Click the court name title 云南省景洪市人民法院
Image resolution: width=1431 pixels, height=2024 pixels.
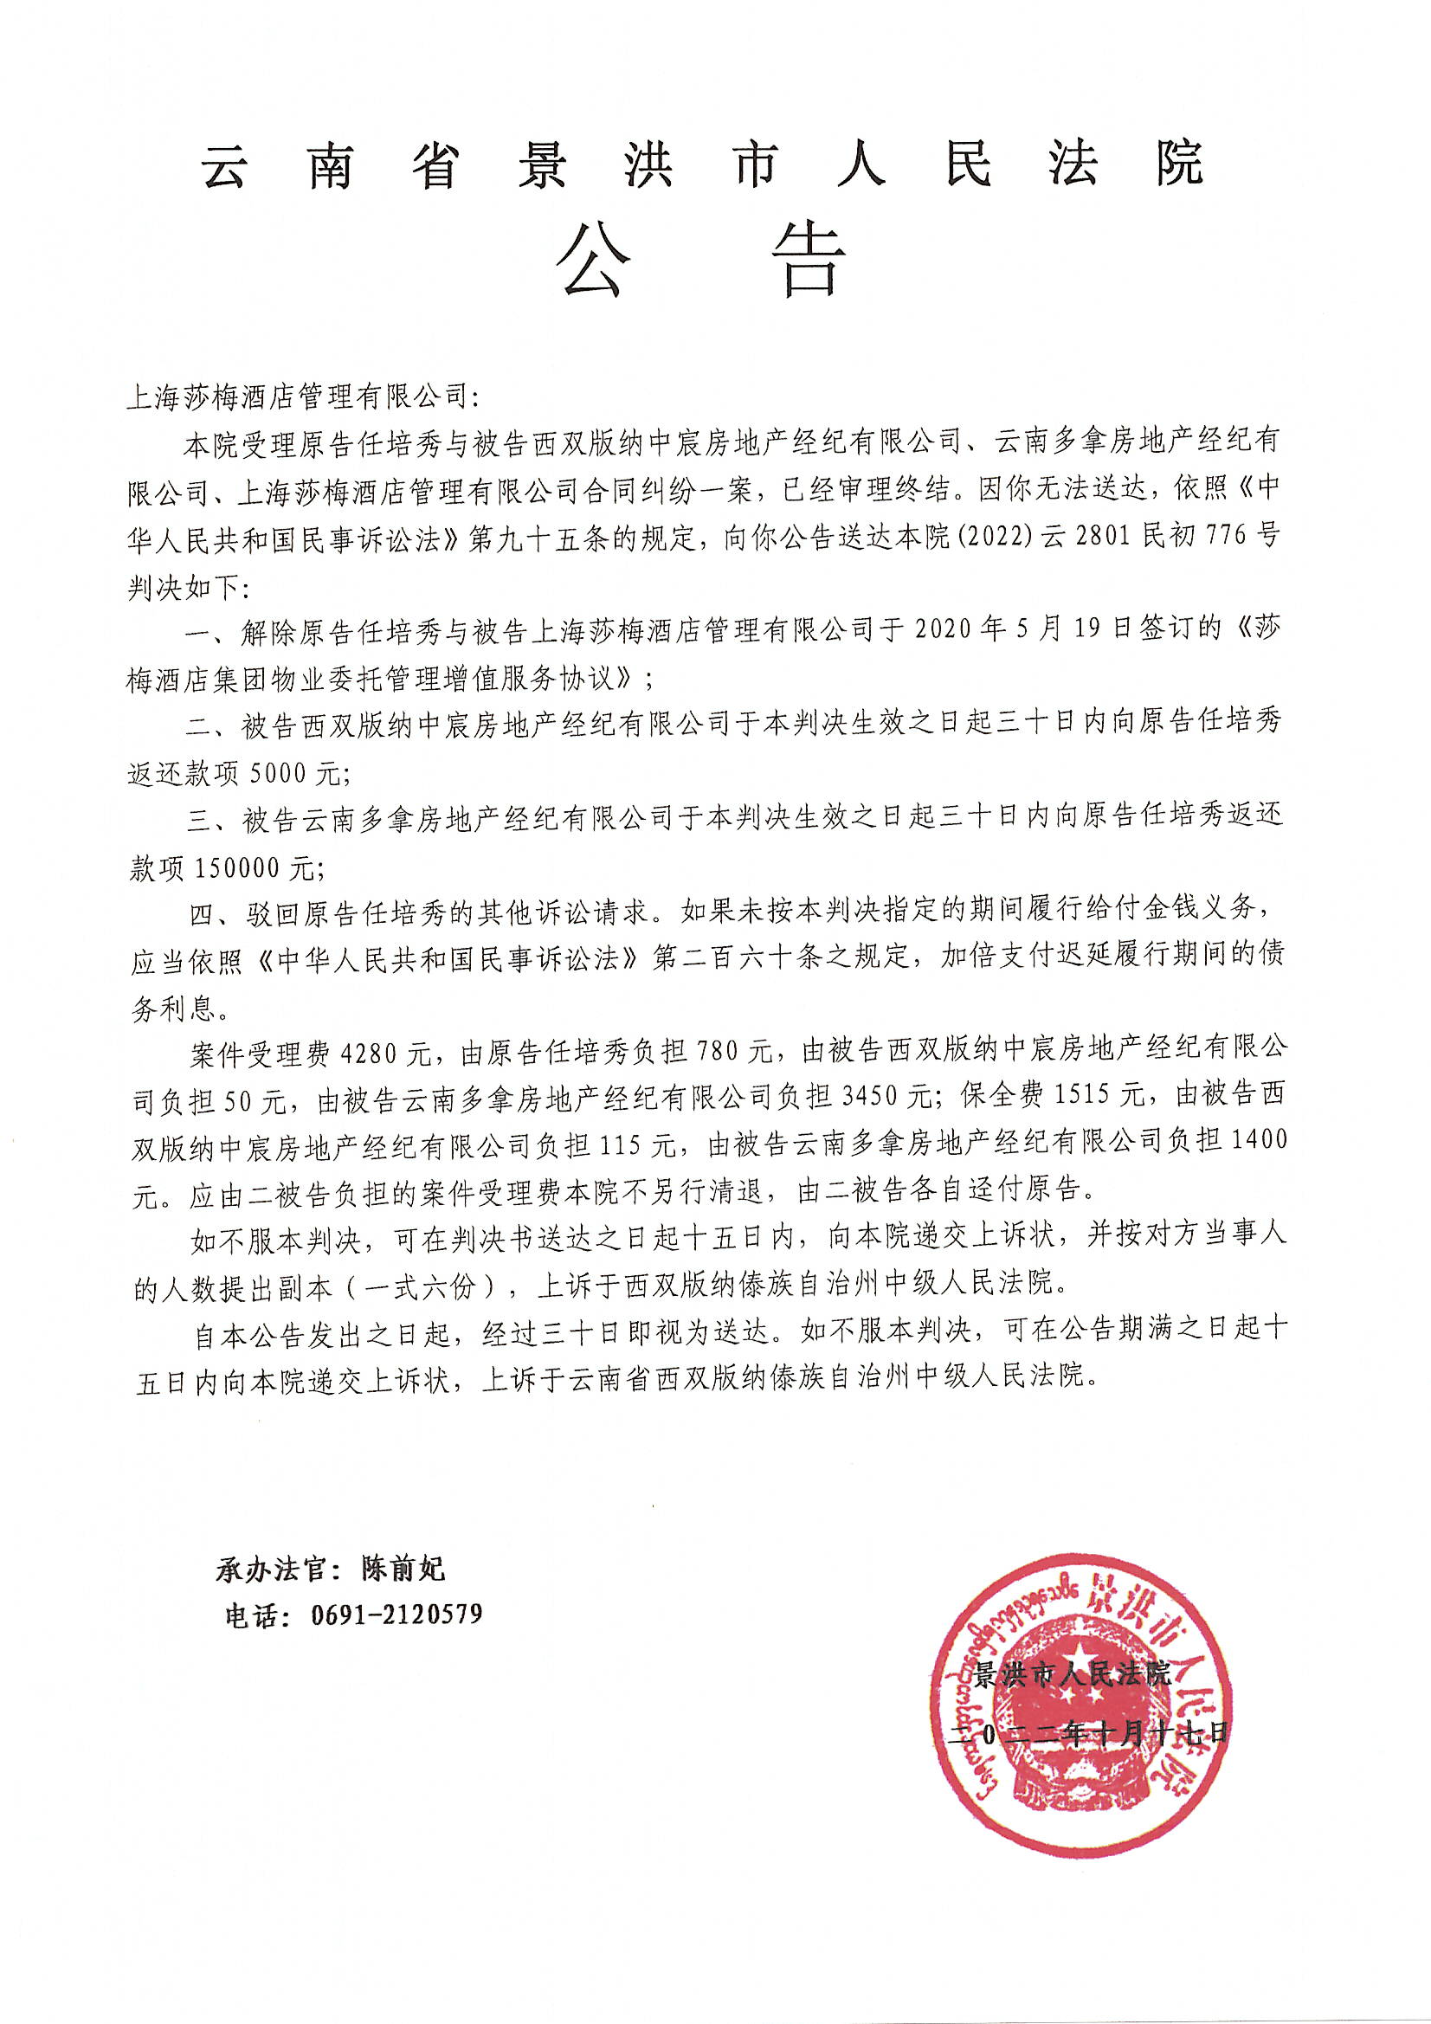[x=703, y=164]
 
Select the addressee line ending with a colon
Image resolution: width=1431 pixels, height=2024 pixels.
[x=303, y=396]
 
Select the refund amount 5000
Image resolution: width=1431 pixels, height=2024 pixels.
[x=281, y=773]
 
